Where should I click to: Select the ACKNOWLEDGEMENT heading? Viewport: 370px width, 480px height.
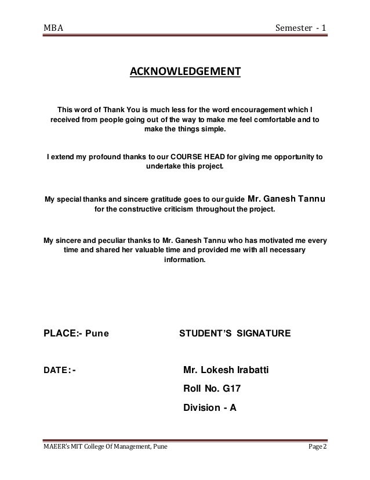pos(184,72)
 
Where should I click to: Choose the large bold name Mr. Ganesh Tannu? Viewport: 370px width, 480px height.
pos(286,202)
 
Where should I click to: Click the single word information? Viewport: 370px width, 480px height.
pos(184,261)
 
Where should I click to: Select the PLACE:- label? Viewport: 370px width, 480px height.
pos(63,334)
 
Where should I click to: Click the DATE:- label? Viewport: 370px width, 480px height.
pos(60,370)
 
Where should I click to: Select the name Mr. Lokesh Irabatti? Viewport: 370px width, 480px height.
pos(228,370)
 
